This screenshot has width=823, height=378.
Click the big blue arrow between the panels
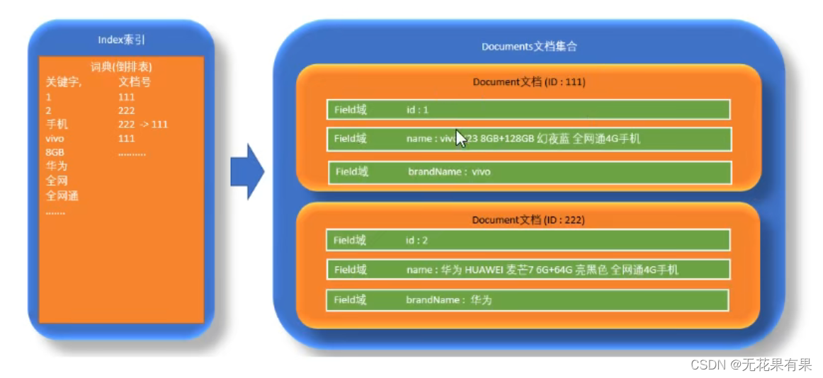coord(246,172)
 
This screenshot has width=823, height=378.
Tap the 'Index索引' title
coord(121,40)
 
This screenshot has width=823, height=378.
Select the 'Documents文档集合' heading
coord(529,47)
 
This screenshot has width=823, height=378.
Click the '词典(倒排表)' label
coord(121,67)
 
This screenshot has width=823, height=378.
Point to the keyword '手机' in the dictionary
coord(57,124)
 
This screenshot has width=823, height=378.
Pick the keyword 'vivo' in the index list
coord(55,138)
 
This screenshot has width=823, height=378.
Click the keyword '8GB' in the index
coord(55,152)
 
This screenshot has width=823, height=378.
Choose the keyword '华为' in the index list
coord(57,166)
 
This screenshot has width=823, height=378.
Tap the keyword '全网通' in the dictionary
coord(62,195)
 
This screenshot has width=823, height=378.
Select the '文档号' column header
coord(134,81)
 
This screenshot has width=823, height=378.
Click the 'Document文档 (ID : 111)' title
coord(528,82)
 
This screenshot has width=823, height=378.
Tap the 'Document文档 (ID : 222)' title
coord(528,220)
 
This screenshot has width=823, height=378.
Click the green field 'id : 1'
coord(528,110)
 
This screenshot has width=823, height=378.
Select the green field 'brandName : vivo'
coord(529,172)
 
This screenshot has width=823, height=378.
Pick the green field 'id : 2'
coord(528,240)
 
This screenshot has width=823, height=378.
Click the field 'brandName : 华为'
coord(527,299)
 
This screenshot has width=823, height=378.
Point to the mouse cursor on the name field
coord(461,138)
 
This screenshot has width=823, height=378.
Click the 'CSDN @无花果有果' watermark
coord(751,365)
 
